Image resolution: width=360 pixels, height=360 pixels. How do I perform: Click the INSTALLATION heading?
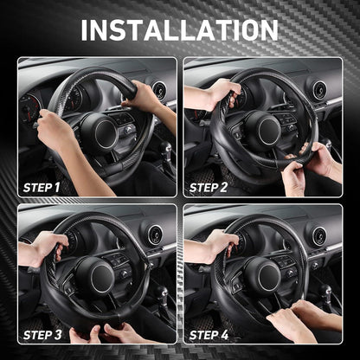click(x=179, y=30)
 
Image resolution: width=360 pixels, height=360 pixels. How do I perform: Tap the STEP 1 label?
click(x=42, y=188)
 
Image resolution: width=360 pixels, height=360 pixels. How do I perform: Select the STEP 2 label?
click(x=209, y=188)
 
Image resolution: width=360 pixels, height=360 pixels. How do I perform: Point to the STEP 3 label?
click(x=42, y=335)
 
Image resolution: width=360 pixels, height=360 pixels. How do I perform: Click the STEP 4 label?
click(x=209, y=335)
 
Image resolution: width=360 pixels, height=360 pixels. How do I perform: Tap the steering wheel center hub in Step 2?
click(x=265, y=131)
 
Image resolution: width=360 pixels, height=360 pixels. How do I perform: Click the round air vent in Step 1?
click(x=159, y=90)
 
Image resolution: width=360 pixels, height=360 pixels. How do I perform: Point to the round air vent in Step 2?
click(x=319, y=90)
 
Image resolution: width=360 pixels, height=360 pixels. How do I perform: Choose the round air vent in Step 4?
click(x=319, y=236)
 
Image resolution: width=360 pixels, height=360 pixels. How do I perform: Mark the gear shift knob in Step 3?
click(x=162, y=292)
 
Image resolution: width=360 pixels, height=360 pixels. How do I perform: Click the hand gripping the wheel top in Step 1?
click(x=141, y=97)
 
